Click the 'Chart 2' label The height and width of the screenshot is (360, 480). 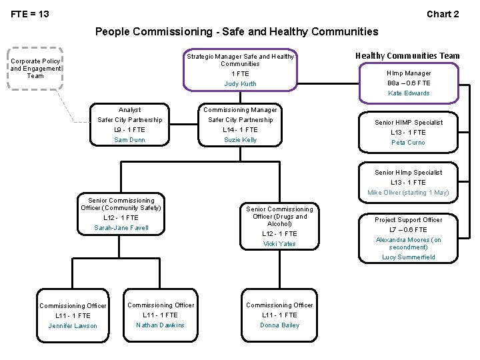pos(443,14)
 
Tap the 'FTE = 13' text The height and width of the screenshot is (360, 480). pos(30,14)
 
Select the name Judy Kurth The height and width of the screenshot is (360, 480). pos(240,84)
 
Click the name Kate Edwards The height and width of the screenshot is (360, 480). pos(409,93)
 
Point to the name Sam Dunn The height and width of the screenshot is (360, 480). pos(129,140)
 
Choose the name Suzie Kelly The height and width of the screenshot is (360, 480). pos(240,140)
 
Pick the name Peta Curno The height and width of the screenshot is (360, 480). pos(408,143)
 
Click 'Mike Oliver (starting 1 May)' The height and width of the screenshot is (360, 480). pos(408,193)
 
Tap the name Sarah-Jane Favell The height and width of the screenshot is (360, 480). pos(121,228)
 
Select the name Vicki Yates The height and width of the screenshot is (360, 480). pos(279,244)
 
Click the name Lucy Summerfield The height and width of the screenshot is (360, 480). pos(408,257)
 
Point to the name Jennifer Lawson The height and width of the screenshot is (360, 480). pos(73,326)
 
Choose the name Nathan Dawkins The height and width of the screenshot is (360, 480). pos(160,325)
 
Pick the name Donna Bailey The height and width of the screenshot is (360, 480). pos(279,325)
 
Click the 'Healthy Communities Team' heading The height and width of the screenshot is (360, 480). pos(407,56)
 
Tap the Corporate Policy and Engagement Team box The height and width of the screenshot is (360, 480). pos(35,68)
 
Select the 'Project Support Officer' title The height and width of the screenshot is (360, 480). pos(408,220)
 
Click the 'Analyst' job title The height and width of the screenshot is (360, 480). pos(129,110)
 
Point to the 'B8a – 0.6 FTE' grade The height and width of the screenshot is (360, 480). pos(409,83)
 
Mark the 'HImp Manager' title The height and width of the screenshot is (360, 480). pos(409,73)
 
